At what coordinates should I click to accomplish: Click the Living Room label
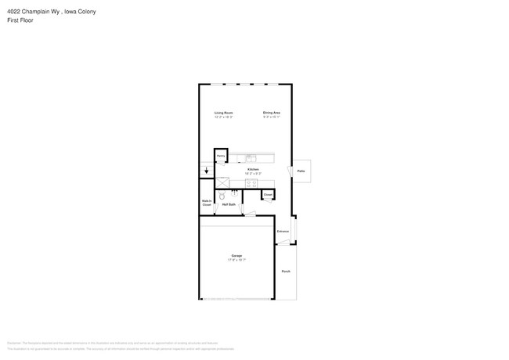pos(224,113)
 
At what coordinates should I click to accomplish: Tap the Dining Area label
pos(272,113)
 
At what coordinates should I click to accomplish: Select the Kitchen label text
pos(253,169)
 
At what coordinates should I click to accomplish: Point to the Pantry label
pos(222,157)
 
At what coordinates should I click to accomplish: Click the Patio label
pos(301,171)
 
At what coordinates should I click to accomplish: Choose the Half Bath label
pos(229,204)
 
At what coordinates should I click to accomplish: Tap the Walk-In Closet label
pos(207,203)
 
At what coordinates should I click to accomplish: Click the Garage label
pos(236,255)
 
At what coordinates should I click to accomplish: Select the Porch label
pos(286,271)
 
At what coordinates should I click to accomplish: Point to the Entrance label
pos(283,232)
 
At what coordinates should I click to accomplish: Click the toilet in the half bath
pos(222,196)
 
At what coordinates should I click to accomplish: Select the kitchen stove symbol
pos(251,183)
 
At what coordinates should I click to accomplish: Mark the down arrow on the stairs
pos(207,170)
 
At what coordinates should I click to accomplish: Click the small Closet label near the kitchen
pos(268,194)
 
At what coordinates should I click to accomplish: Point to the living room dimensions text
pos(224,117)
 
